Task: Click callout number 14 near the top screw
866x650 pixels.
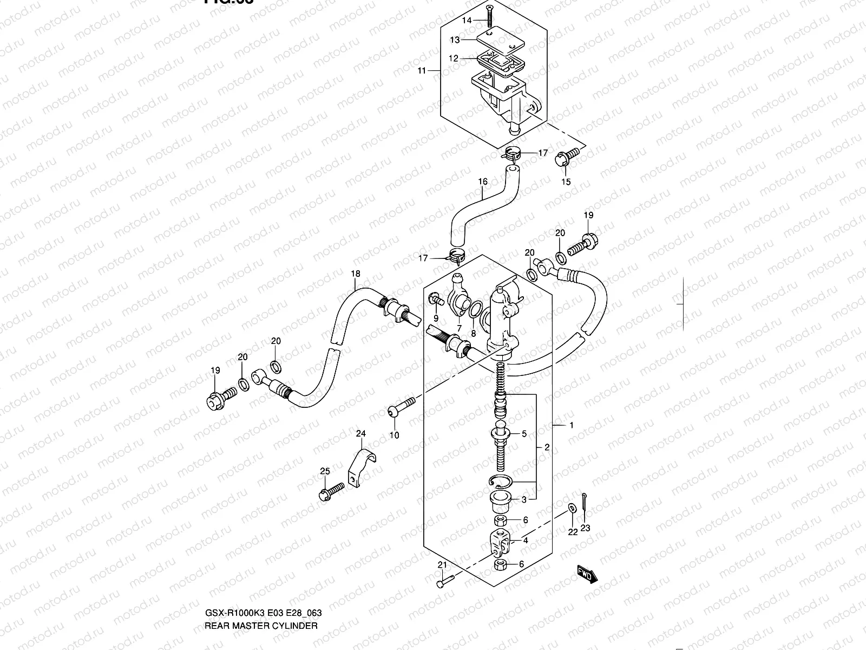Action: click(x=467, y=20)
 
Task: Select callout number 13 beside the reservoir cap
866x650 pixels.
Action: click(x=455, y=40)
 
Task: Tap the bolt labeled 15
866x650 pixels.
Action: click(x=563, y=158)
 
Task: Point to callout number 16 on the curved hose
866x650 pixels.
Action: click(x=483, y=181)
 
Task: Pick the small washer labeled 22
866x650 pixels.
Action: click(x=572, y=508)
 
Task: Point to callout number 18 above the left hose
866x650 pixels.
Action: click(x=355, y=274)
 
